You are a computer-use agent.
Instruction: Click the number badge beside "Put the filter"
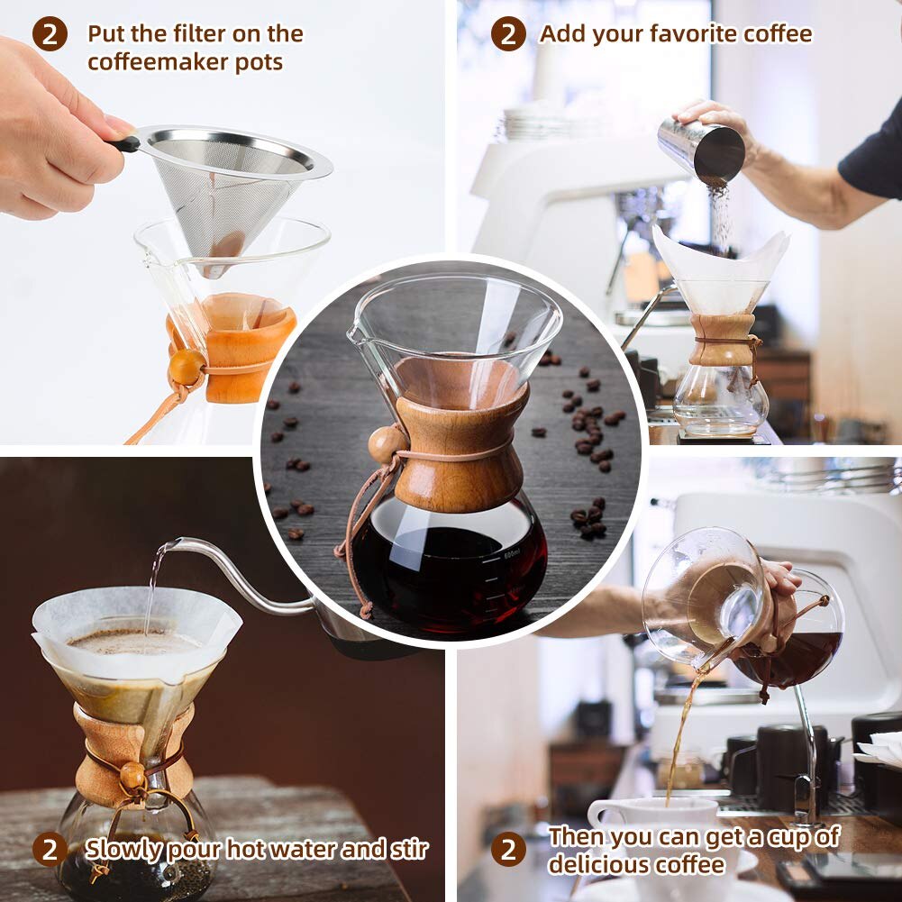pyautogui.click(x=50, y=34)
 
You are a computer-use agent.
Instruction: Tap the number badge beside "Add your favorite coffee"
pyautogui.click(x=508, y=34)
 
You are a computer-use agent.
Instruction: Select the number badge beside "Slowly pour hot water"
pyautogui.click(x=50, y=849)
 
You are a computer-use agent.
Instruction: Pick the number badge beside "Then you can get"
pyautogui.click(x=508, y=849)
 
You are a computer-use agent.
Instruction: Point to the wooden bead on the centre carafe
pyautogui.click(x=387, y=444)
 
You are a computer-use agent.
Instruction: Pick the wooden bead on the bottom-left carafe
pyautogui.click(x=133, y=774)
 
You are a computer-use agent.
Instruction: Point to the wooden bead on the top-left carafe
pyautogui.click(x=186, y=366)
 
